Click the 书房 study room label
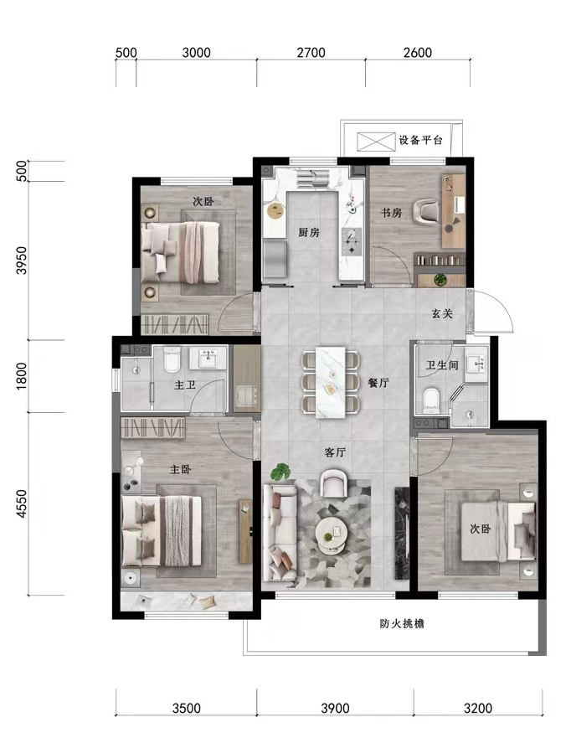[391, 213]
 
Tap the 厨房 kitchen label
[309, 232]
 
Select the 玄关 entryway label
[442, 313]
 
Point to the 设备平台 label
[420, 140]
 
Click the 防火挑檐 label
[402, 623]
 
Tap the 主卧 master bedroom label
[180, 469]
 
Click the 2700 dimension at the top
[311, 52]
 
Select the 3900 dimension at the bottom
[335, 708]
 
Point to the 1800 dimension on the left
[22, 376]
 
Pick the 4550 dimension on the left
[22, 504]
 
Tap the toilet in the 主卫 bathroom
[172, 359]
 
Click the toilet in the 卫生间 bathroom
[431, 400]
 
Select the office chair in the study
[427, 210]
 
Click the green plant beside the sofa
[280, 472]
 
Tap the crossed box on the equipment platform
[376, 142]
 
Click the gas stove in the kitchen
[352, 242]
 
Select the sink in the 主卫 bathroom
[208, 358]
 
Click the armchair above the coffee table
[333, 483]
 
